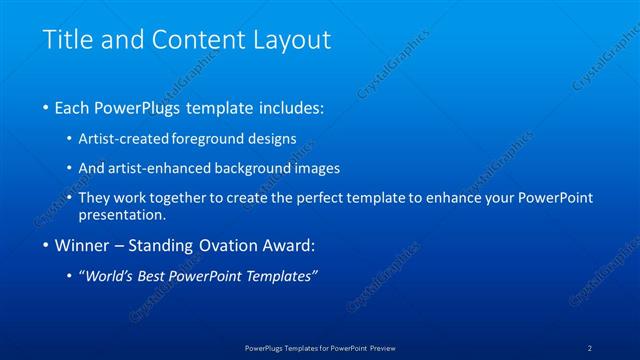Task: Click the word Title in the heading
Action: click(x=66, y=41)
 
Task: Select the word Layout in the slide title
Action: click(x=290, y=41)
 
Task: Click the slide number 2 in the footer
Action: click(x=590, y=348)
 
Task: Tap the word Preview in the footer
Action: click(x=379, y=348)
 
